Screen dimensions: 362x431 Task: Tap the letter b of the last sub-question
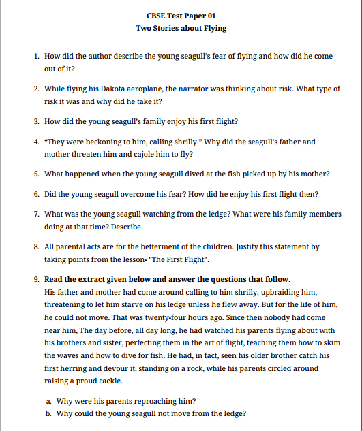[47, 413]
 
